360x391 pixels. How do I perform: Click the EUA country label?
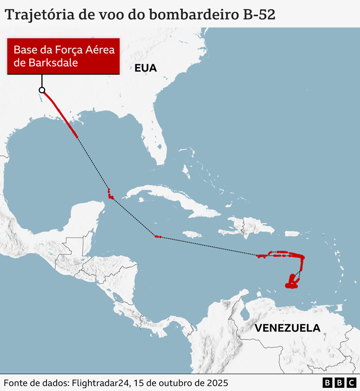[x=146, y=68]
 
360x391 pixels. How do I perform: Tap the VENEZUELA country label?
[x=287, y=328]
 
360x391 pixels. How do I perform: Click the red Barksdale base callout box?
[x=63, y=56]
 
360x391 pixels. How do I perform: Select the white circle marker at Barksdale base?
[x=42, y=90]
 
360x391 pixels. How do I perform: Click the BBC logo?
[x=339, y=383]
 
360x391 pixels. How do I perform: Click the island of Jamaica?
[x=192, y=234]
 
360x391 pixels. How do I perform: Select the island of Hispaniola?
[x=237, y=226]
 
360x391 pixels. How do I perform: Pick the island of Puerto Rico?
[x=292, y=233]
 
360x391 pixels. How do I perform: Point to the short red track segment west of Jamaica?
[x=158, y=237]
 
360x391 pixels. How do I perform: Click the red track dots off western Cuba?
[x=110, y=194]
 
